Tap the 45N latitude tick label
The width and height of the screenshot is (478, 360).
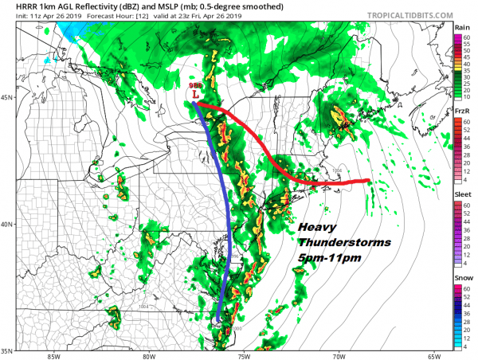(x=8, y=97)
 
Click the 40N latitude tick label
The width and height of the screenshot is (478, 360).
(x=8, y=224)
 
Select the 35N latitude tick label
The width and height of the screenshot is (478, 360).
(x=8, y=350)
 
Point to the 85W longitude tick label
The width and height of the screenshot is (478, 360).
(x=54, y=356)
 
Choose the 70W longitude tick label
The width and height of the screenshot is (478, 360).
(x=339, y=356)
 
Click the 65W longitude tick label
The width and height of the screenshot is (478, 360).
(x=434, y=356)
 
